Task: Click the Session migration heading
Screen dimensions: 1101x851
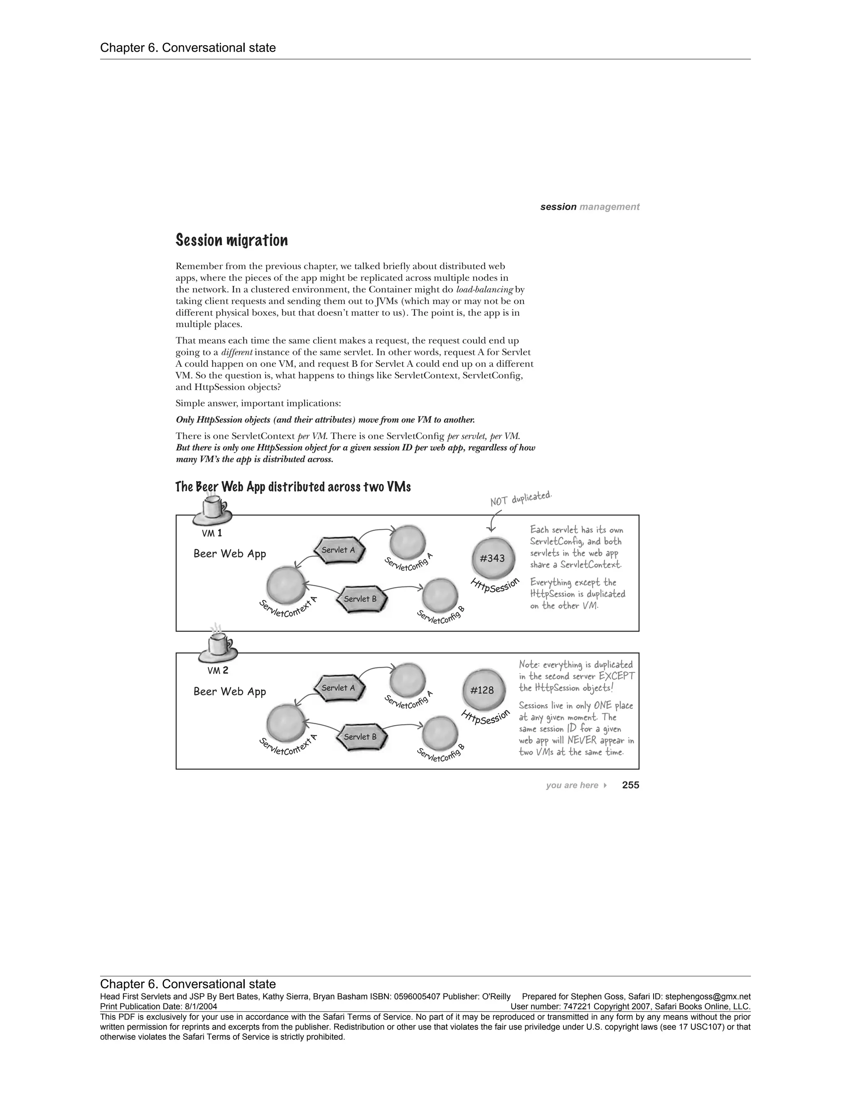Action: click(231, 241)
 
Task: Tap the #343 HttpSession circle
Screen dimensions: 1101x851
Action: click(492, 558)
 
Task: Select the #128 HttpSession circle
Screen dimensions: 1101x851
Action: click(482, 690)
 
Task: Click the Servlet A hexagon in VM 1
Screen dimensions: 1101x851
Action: click(338, 550)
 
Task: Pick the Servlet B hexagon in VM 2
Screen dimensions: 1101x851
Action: click(360, 737)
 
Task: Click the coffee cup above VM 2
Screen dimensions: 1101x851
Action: click(218, 647)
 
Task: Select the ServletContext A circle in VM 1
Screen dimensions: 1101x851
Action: click(285, 585)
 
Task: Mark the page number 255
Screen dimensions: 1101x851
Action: click(630, 785)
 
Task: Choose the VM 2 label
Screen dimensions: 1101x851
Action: click(218, 671)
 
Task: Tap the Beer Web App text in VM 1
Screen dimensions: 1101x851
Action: click(229, 553)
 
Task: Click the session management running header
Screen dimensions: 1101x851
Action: click(589, 206)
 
